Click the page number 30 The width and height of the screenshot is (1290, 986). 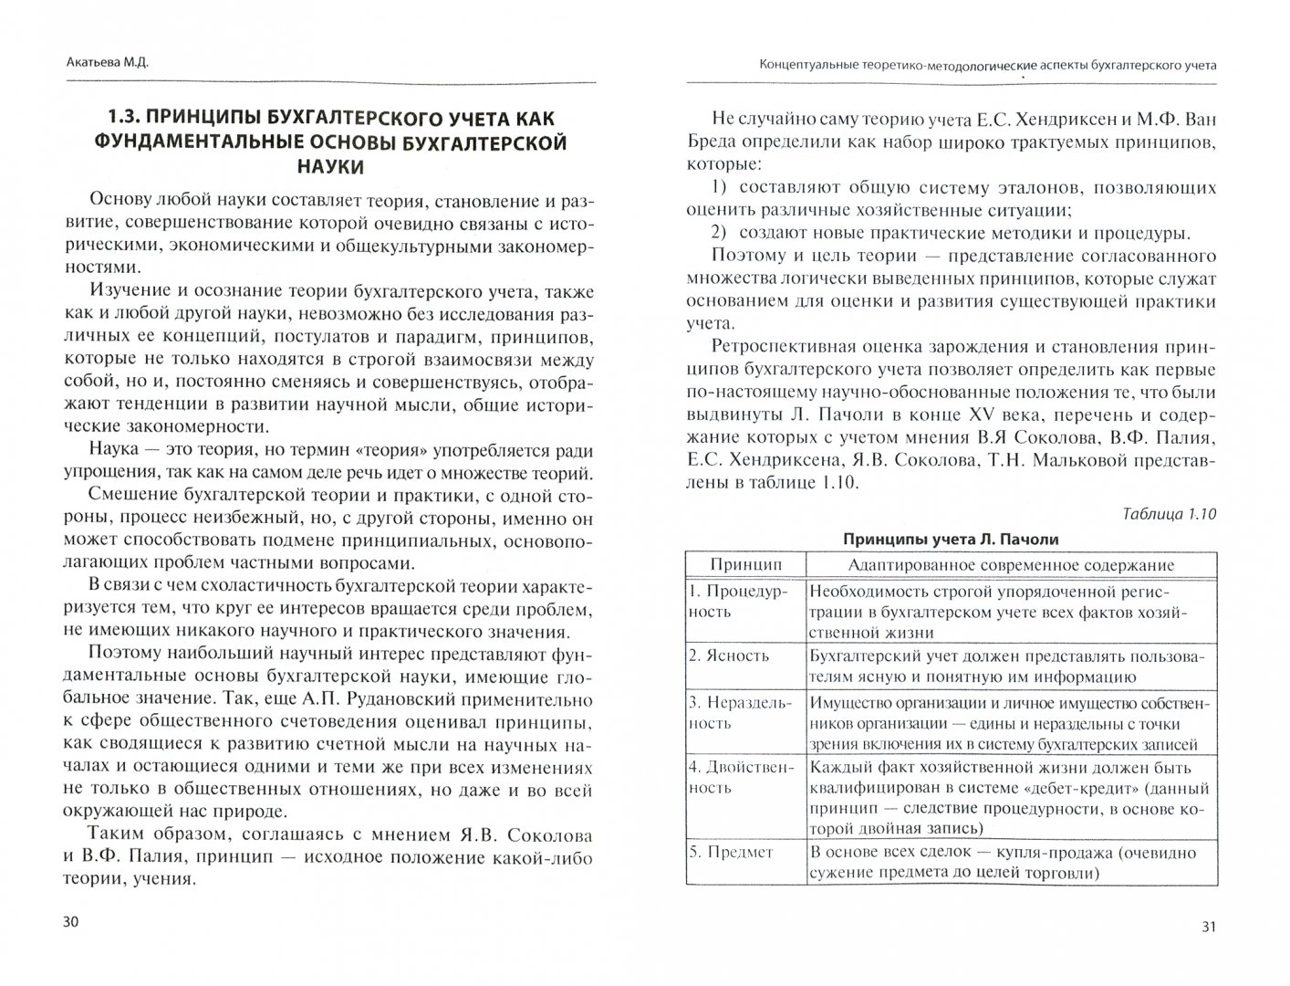[70, 922]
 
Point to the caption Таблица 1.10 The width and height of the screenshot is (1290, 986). [1169, 514]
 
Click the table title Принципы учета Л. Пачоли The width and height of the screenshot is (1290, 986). [951, 539]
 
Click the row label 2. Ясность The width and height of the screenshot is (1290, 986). [729, 655]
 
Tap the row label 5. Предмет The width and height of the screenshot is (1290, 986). [732, 852]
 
